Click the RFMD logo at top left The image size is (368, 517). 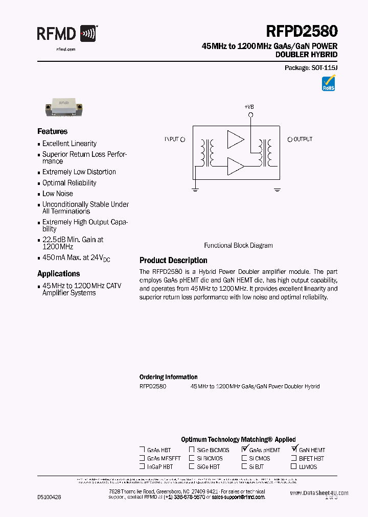[x=66, y=34]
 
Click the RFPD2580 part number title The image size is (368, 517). [x=302, y=32]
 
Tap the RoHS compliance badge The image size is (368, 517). [x=328, y=83]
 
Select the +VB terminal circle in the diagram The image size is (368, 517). [x=250, y=115]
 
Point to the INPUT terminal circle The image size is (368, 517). [x=183, y=139]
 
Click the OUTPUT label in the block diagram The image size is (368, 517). [x=303, y=139]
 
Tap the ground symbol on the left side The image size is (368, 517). [x=195, y=190]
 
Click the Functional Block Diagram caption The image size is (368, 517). [x=238, y=245]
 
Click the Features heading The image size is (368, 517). [x=52, y=131]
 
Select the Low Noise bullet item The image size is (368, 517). [x=57, y=194]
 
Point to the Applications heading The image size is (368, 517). [x=58, y=274]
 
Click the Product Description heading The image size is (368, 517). [x=173, y=261]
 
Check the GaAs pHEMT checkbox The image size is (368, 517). [x=245, y=450]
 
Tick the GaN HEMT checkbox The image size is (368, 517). [x=294, y=450]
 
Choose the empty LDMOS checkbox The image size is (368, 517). [x=294, y=466]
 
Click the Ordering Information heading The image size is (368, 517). [x=168, y=377]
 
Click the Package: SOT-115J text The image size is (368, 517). [x=311, y=68]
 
